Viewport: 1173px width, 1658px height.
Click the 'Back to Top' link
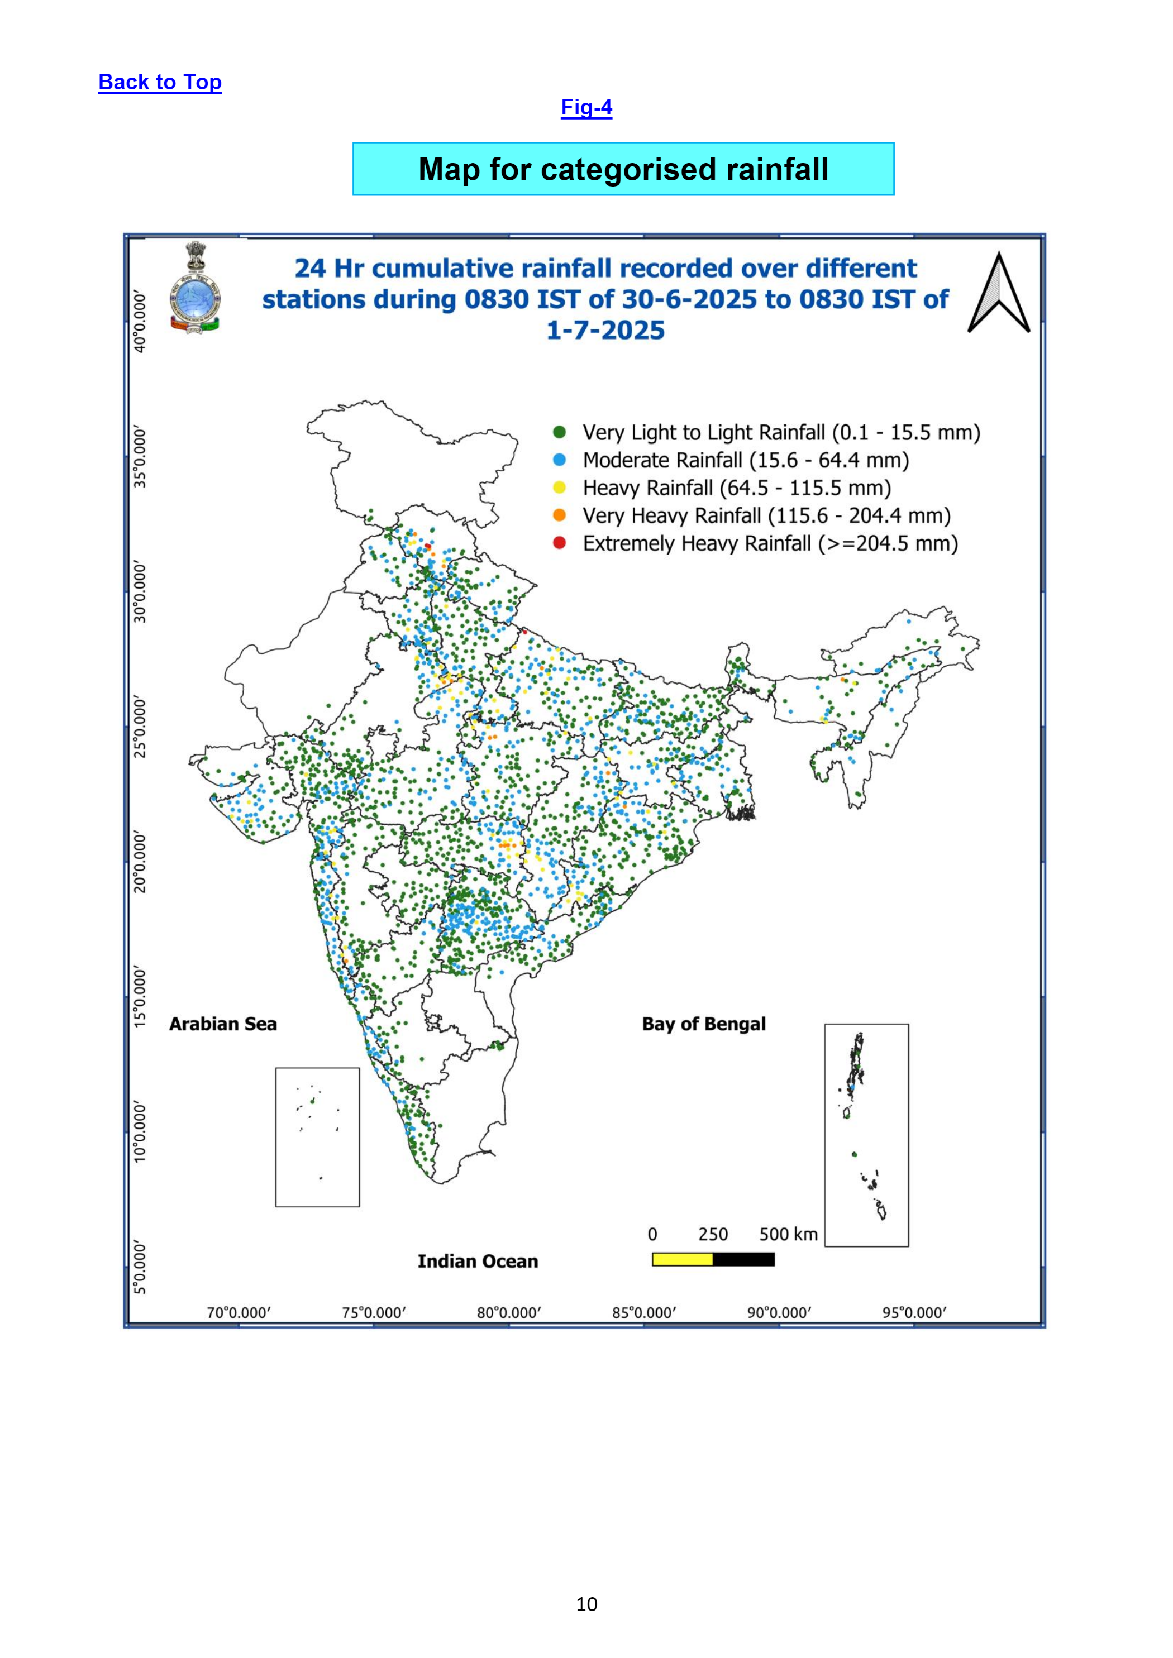pyautogui.click(x=160, y=82)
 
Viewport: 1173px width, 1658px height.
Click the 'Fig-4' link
pyautogui.click(x=586, y=108)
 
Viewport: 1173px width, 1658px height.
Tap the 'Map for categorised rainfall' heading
pyautogui.click(x=623, y=169)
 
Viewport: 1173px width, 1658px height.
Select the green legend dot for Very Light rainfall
pyautogui.click(x=559, y=433)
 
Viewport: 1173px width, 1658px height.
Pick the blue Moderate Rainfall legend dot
pyautogui.click(x=559, y=460)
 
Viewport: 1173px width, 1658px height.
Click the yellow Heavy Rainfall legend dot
pyautogui.click(x=559, y=488)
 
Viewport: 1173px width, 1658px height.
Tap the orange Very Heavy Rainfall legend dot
pyautogui.click(x=559, y=515)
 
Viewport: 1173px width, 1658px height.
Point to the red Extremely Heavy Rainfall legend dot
pyautogui.click(x=559, y=543)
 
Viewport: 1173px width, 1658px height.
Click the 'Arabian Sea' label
pyautogui.click(x=223, y=1024)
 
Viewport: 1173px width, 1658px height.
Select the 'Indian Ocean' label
pyautogui.click(x=478, y=1262)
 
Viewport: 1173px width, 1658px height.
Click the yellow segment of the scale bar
pyautogui.click(x=683, y=1259)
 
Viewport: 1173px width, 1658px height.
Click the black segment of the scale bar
pyautogui.click(x=744, y=1259)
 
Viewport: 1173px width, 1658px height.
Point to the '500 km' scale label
pyautogui.click(x=789, y=1234)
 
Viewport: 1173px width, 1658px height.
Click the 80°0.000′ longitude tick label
pyautogui.click(x=508, y=1312)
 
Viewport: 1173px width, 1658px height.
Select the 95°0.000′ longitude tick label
pyautogui.click(x=914, y=1312)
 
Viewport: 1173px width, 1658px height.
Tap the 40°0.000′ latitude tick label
pyautogui.click(x=140, y=322)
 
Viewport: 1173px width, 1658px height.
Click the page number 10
pyautogui.click(x=586, y=1604)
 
